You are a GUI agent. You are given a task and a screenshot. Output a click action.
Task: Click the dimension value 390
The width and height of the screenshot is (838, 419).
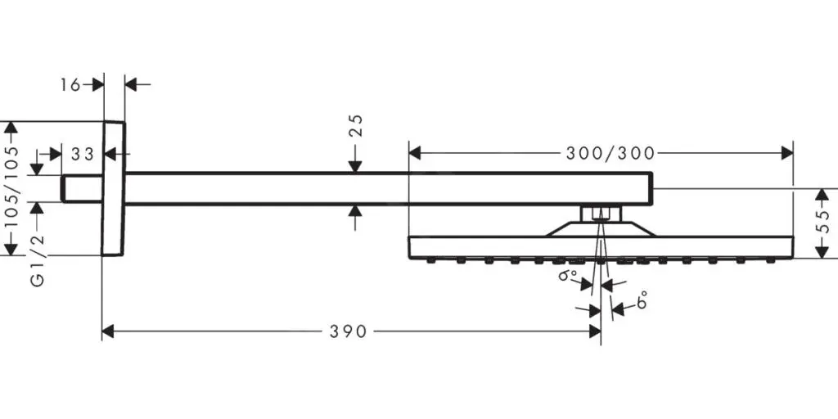pyautogui.click(x=349, y=332)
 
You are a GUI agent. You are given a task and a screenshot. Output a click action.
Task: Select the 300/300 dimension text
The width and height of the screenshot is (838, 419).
pyautogui.click(x=610, y=153)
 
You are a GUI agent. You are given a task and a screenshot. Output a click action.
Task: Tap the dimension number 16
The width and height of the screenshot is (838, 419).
pyautogui.click(x=70, y=84)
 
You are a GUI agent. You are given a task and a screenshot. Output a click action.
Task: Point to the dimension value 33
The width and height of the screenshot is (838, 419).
pyautogui.click(x=83, y=155)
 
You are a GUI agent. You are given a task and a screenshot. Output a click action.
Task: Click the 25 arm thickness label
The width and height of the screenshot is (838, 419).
pyautogui.click(x=356, y=125)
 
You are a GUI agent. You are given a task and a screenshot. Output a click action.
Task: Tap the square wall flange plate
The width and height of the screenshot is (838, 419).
pyautogui.click(x=113, y=189)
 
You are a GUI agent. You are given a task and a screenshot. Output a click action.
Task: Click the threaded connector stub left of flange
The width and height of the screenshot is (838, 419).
pyautogui.click(x=82, y=189)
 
